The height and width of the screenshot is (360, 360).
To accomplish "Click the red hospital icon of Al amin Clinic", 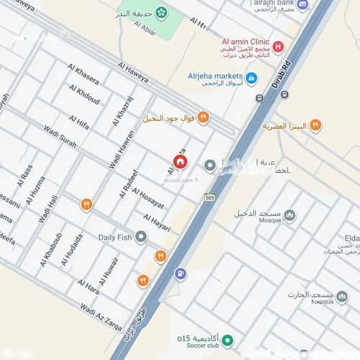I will click(x=278, y=47).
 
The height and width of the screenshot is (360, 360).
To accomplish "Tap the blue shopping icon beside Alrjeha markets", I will click(x=251, y=78).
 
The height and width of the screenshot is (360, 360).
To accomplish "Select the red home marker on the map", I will click(x=179, y=163).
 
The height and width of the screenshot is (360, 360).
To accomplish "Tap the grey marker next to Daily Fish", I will click(x=141, y=236).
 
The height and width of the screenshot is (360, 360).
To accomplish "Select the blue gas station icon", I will click(x=180, y=274).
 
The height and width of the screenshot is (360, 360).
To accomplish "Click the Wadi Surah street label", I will click(x=59, y=135).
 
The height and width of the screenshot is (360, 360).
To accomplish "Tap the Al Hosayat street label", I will click(x=149, y=194).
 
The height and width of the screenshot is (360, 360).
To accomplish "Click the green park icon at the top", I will click(x=161, y=13).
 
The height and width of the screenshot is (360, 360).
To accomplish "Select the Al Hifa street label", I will click(x=78, y=122).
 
